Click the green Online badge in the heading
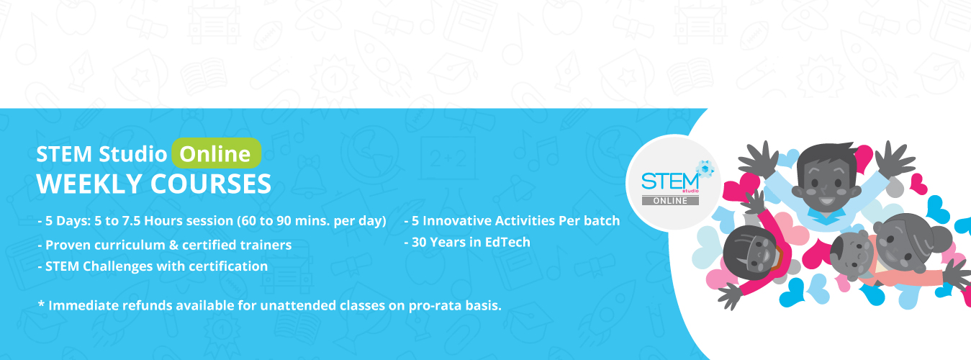point(217,153)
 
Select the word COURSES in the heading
point(211,184)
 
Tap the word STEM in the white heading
point(64,154)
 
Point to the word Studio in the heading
point(133,154)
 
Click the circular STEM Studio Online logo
point(673,183)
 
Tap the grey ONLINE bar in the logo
point(670,200)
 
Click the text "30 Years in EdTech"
point(471,242)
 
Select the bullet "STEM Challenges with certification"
point(156,266)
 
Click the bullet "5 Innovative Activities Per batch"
point(515,221)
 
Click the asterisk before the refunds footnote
point(41,303)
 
